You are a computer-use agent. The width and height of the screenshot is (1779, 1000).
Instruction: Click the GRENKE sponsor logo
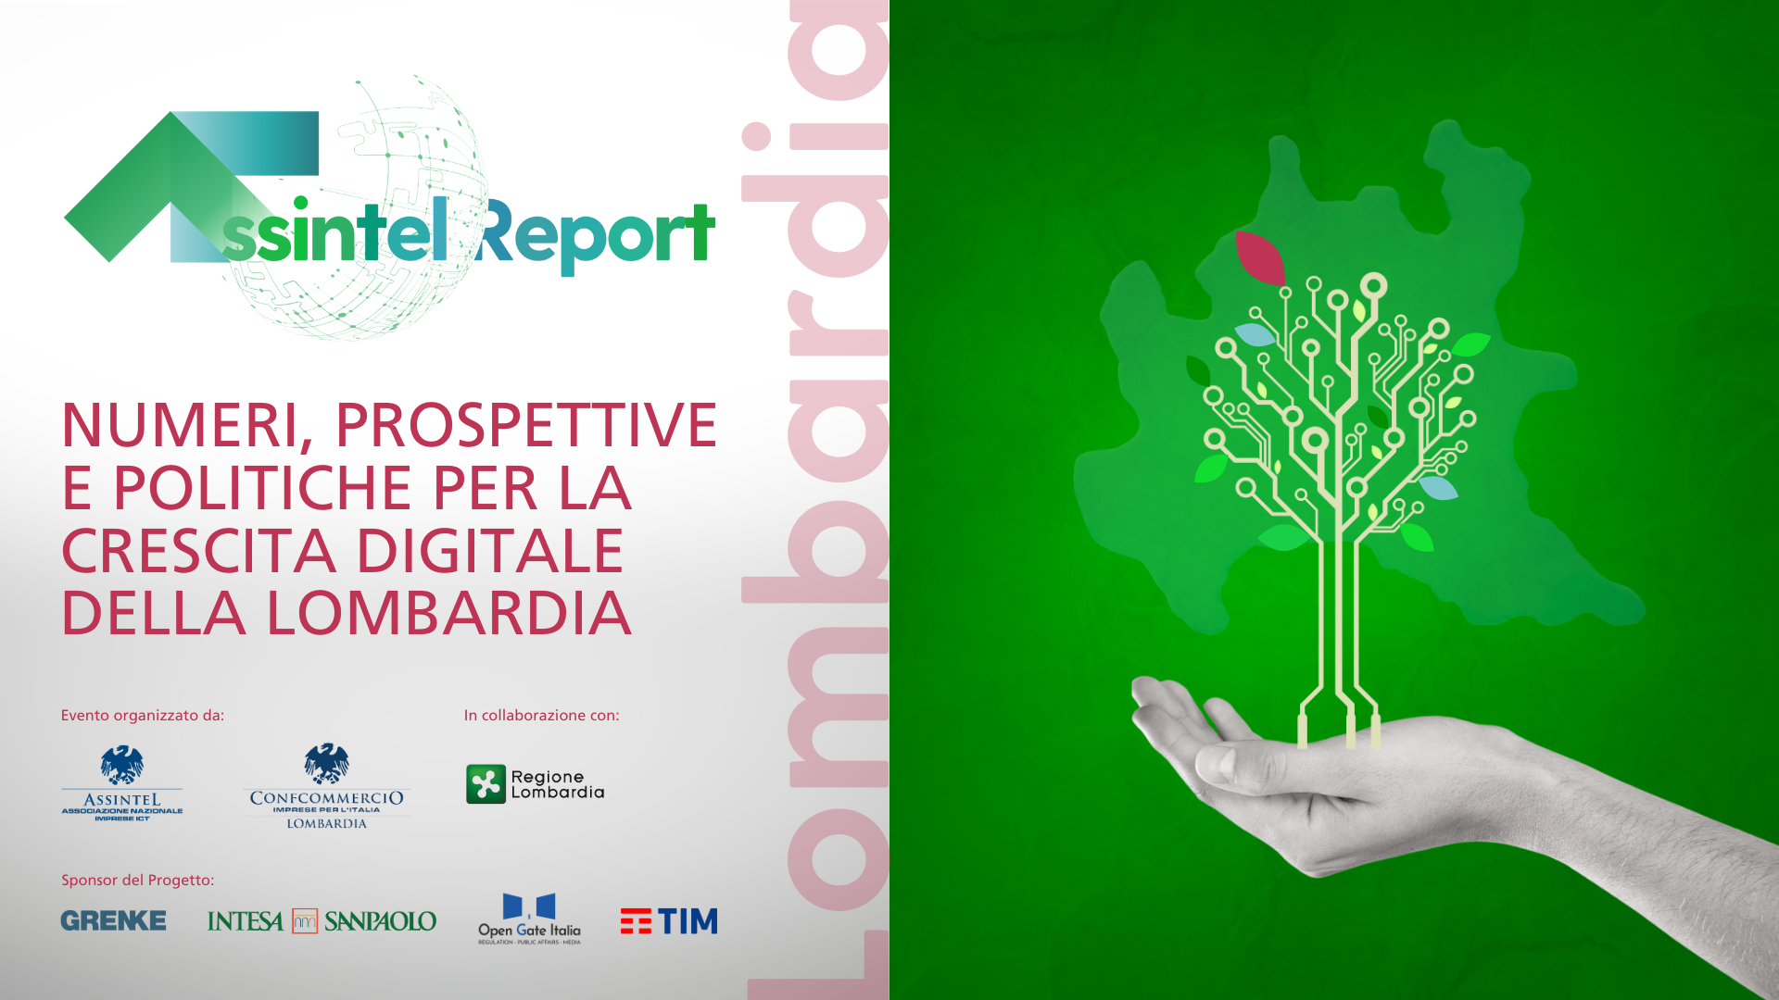(x=113, y=920)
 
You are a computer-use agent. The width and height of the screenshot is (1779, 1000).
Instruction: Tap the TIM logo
(x=669, y=921)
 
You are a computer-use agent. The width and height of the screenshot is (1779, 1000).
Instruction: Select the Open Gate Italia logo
(x=529, y=919)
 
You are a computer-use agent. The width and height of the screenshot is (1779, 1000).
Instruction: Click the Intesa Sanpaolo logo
(x=322, y=921)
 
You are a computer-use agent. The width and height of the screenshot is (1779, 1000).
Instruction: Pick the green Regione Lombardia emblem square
(x=486, y=784)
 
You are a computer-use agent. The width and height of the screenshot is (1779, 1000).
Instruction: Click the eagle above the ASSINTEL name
(x=122, y=766)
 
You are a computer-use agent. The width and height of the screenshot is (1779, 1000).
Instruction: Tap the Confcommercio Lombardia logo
(x=326, y=787)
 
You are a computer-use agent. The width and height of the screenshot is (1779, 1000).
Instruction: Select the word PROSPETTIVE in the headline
(x=525, y=425)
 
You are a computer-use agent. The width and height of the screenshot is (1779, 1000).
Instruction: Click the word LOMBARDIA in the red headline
(x=448, y=614)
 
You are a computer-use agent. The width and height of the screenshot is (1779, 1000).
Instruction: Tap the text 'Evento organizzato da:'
(x=143, y=716)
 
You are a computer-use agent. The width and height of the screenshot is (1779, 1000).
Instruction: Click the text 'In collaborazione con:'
(x=541, y=716)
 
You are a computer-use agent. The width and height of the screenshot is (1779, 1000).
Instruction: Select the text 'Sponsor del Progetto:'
(x=137, y=881)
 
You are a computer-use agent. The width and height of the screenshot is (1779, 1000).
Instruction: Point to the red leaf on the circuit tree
(x=1260, y=257)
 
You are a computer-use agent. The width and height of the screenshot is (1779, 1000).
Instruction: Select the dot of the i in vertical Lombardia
(x=757, y=136)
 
